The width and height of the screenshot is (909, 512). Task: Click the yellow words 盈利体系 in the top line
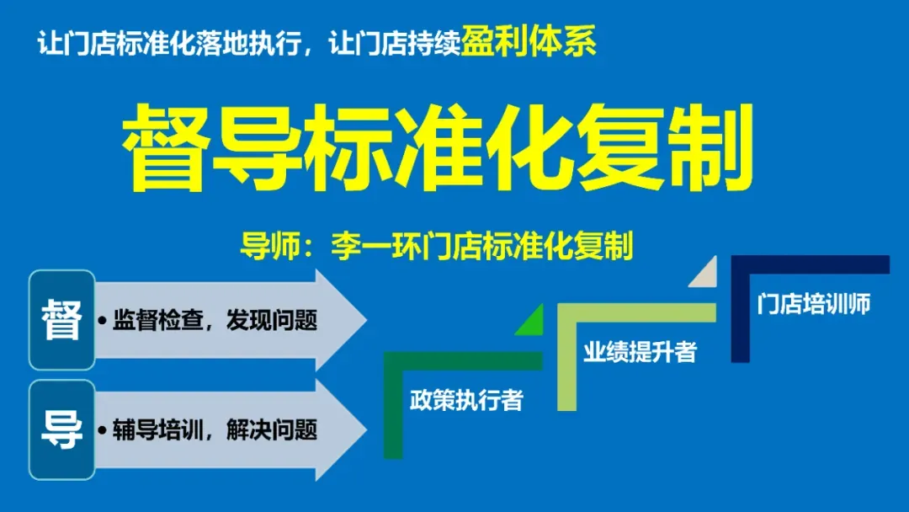click(529, 41)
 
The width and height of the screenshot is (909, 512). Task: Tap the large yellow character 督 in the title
click(165, 148)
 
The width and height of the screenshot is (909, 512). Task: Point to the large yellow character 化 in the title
click(525, 148)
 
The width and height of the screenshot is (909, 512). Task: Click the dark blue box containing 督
click(62, 320)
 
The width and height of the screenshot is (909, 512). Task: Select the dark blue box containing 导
click(62, 429)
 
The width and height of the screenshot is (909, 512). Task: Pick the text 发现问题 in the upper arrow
click(271, 321)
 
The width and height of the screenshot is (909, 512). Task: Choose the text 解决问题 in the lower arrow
click(271, 430)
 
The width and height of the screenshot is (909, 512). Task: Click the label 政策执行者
click(466, 400)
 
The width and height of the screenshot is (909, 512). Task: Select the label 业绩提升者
click(640, 352)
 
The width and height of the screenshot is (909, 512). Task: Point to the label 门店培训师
click(813, 304)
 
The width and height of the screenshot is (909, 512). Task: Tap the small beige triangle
click(706, 275)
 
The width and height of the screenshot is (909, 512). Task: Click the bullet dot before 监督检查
click(102, 322)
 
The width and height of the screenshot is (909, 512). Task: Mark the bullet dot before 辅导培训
click(102, 431)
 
